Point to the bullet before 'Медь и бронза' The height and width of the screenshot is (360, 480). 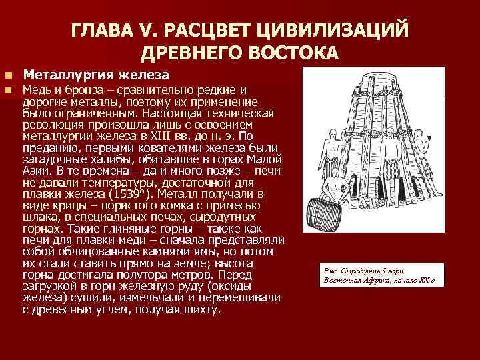click(9, 90)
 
